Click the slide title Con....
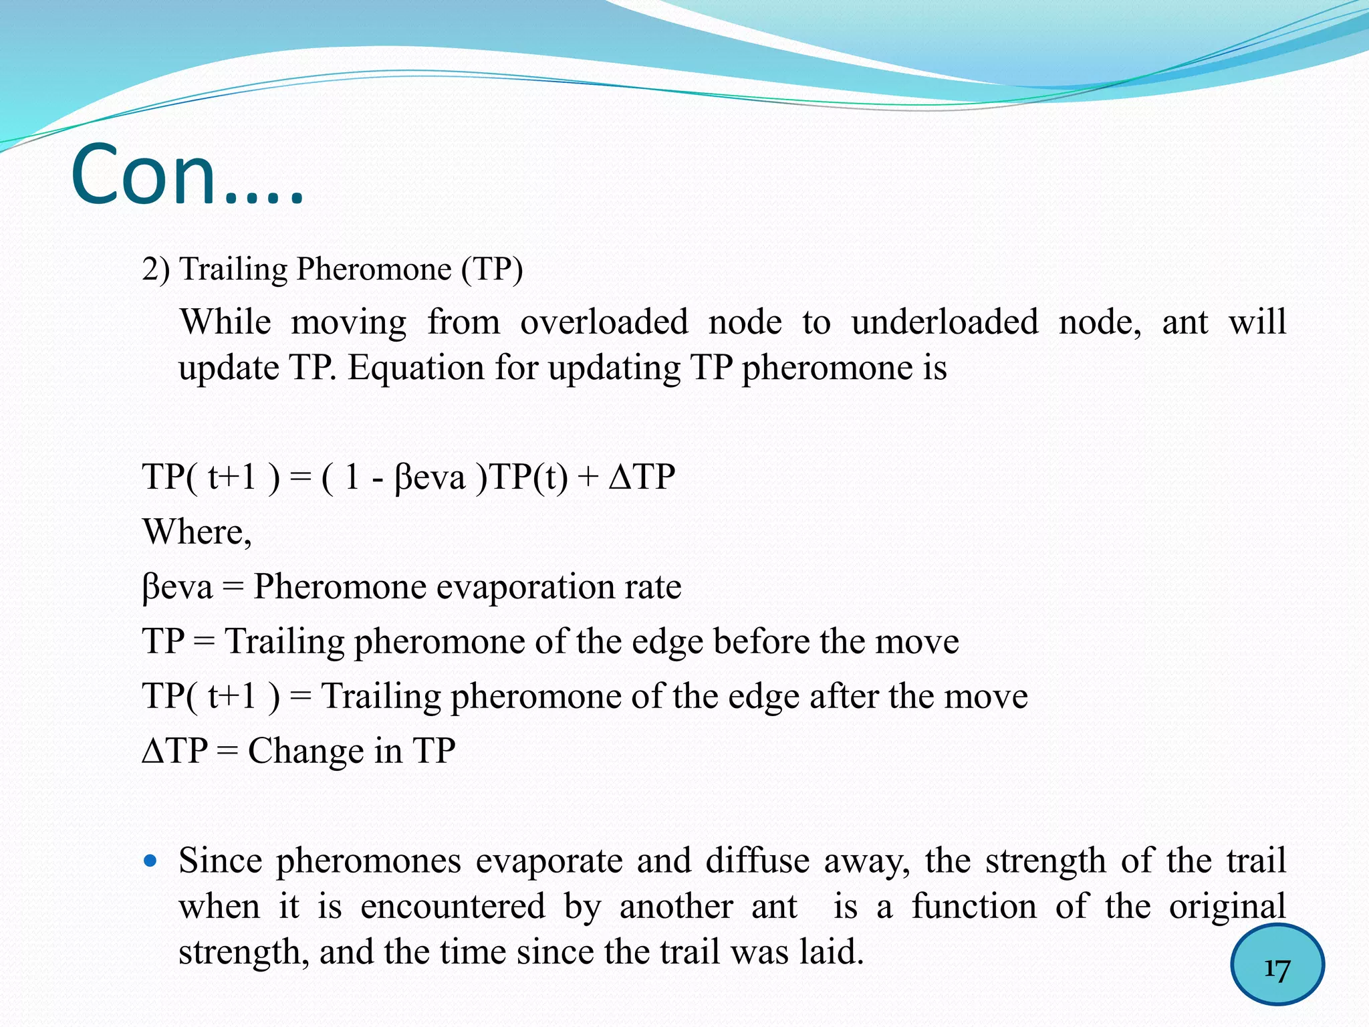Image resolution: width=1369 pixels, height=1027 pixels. tap(187, 175)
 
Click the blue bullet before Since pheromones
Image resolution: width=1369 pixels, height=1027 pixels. tap(150, 861)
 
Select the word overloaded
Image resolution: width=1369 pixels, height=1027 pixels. tap(604, 322)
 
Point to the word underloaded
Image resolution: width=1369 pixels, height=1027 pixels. tap(945, 322)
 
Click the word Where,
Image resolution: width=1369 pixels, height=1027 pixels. tap(197, 533)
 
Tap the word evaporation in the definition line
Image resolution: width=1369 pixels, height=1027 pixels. tap(526, 587)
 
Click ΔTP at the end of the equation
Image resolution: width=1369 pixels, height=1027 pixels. tap(642, 478)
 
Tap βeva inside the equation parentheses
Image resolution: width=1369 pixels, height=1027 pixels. tap(430, 478)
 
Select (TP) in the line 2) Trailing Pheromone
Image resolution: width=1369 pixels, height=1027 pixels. tap(491, 269)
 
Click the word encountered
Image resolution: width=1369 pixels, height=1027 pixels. tap(453, 907)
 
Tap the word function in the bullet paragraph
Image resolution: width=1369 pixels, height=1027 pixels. tap(974, 907)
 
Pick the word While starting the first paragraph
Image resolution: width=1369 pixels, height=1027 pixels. tap(226, 322)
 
